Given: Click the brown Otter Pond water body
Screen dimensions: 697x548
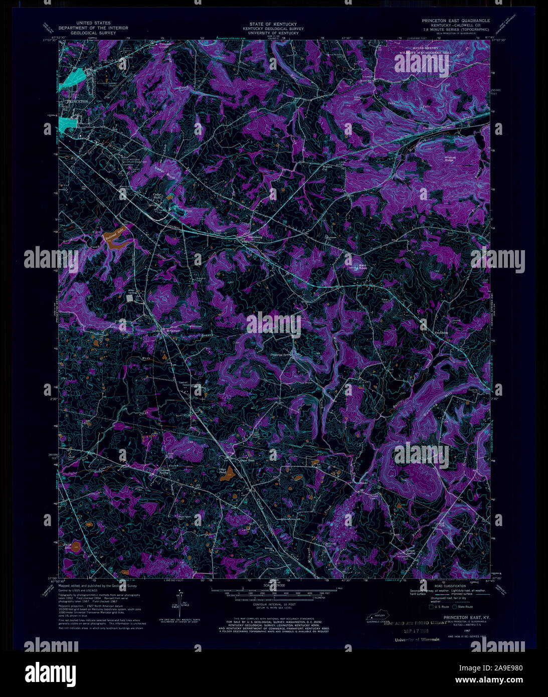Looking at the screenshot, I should (229, 472).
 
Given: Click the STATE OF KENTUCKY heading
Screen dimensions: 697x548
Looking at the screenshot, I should (273, 24).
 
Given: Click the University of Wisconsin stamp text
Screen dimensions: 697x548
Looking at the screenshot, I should (417, 639).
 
